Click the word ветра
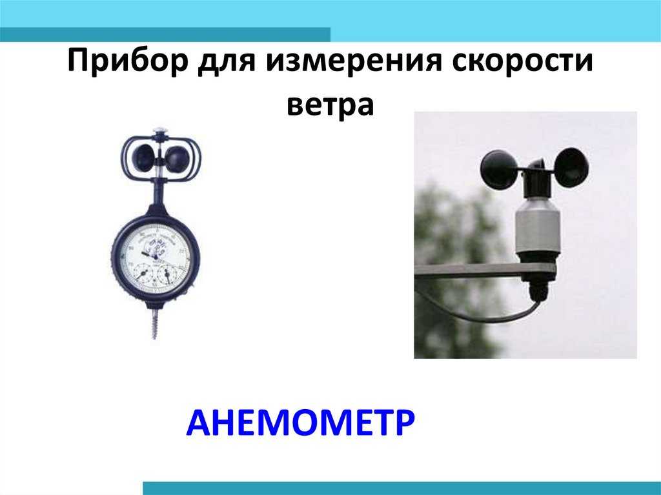330,105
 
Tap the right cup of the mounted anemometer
571,167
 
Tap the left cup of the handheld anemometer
144,157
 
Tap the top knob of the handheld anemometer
159,132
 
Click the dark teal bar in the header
165,35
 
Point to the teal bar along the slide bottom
402,489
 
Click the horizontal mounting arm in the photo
485,270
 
